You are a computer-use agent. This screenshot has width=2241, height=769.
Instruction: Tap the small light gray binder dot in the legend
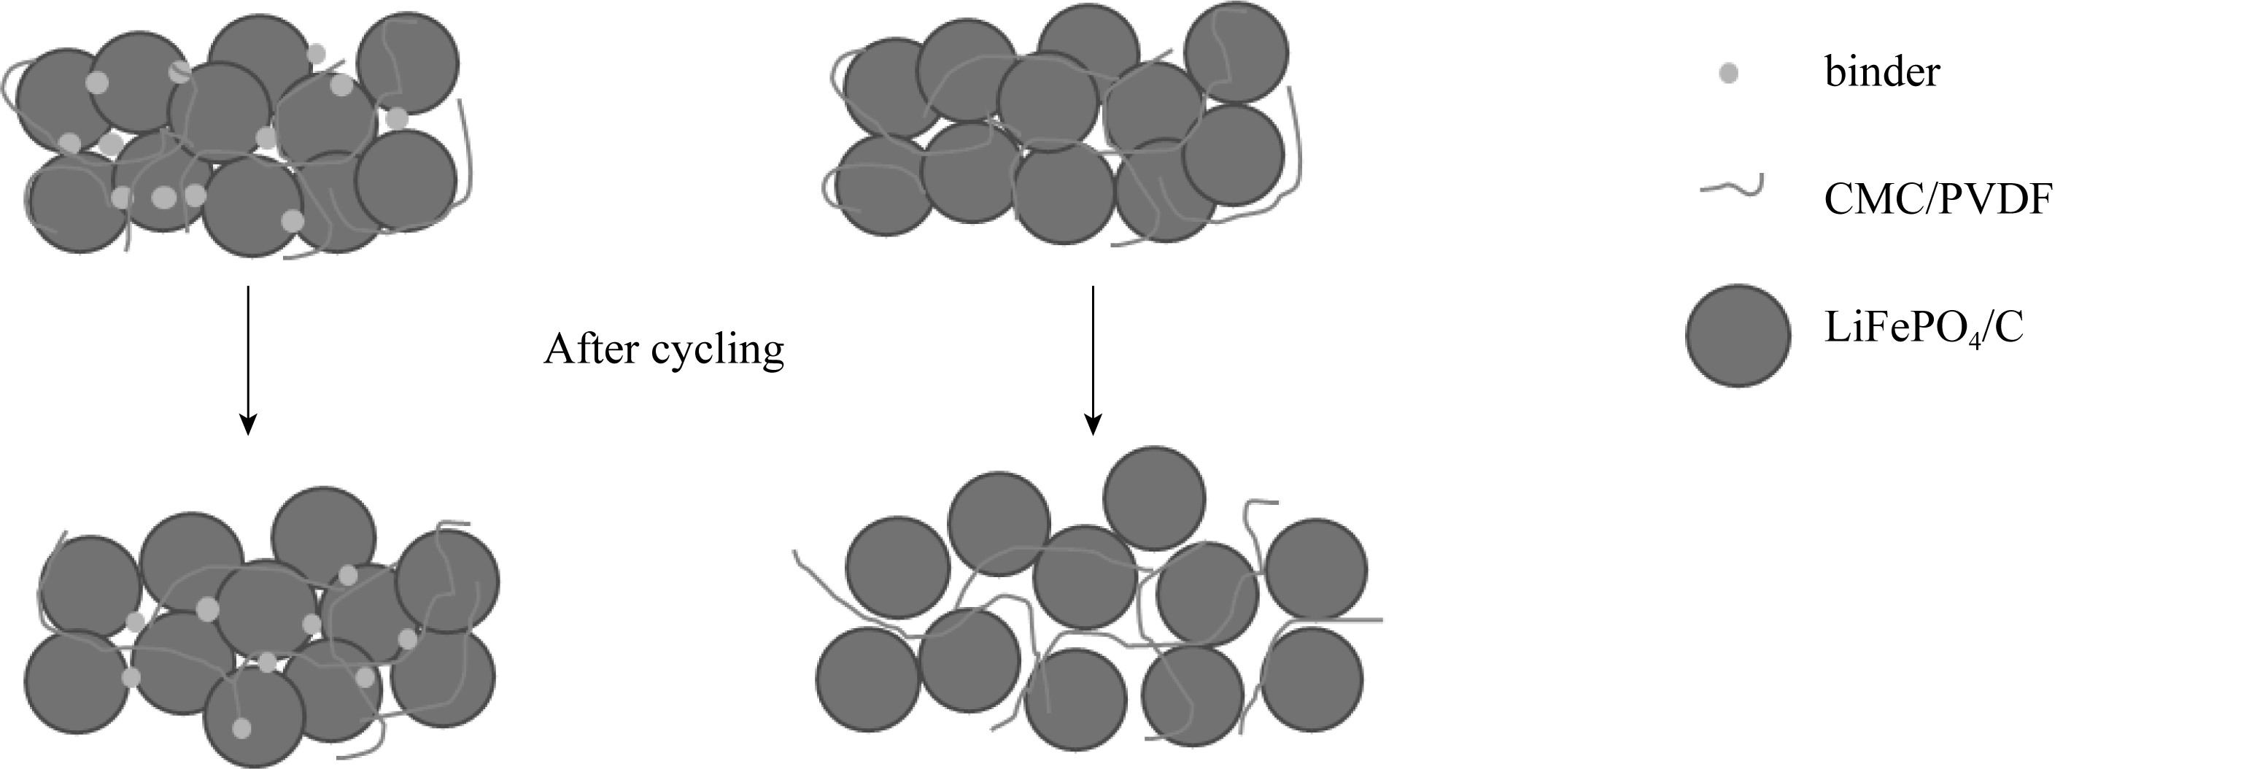(1729, 74)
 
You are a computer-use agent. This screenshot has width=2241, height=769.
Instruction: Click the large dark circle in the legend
(1738, 335)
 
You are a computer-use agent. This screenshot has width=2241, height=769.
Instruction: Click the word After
(592, 349)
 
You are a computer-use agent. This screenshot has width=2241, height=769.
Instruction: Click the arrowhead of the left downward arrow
(248, 425)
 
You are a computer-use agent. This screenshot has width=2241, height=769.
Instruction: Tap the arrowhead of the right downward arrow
(1093, 425)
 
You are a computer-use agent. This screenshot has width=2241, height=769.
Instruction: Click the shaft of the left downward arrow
(248, 348)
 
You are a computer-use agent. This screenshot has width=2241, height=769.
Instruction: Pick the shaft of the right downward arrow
(1093, 348)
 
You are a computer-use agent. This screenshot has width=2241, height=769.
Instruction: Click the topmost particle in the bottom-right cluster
(1155, 498)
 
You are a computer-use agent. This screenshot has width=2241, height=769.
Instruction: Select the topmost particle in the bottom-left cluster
(324, 538)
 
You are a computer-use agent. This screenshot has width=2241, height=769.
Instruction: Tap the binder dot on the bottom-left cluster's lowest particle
(242, 728)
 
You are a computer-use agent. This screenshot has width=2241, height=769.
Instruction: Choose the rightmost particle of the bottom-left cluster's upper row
(447, 581)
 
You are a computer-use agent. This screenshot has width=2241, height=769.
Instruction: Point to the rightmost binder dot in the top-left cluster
(397, 117)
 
